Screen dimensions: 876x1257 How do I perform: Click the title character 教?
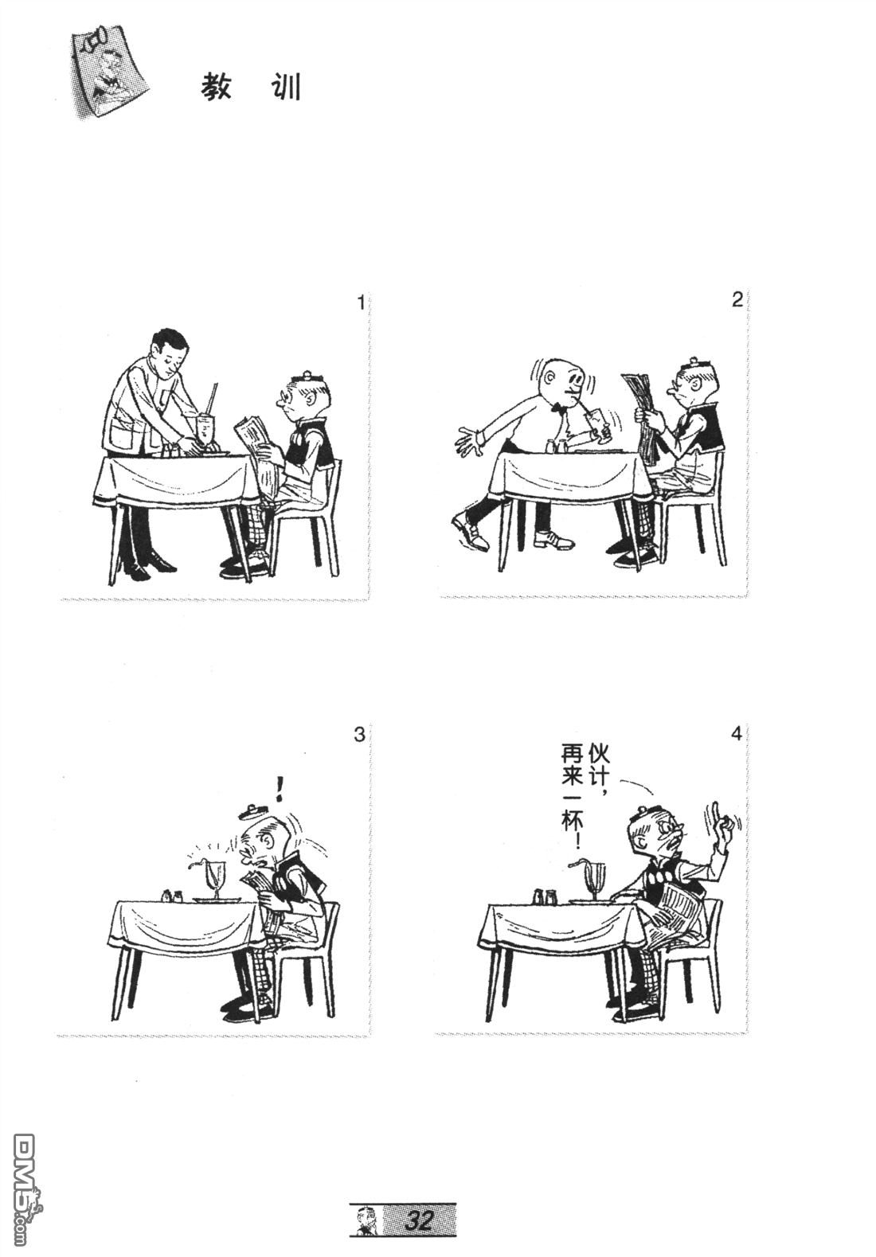click(217, 88)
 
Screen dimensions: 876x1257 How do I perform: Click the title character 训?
click(284, 88)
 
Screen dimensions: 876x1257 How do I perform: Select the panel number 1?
click(361, 303)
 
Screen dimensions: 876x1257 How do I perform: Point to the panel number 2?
click(737, 299)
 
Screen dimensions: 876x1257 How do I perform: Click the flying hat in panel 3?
click(252, 811)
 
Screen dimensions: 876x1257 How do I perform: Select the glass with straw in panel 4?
click(595, 880)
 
